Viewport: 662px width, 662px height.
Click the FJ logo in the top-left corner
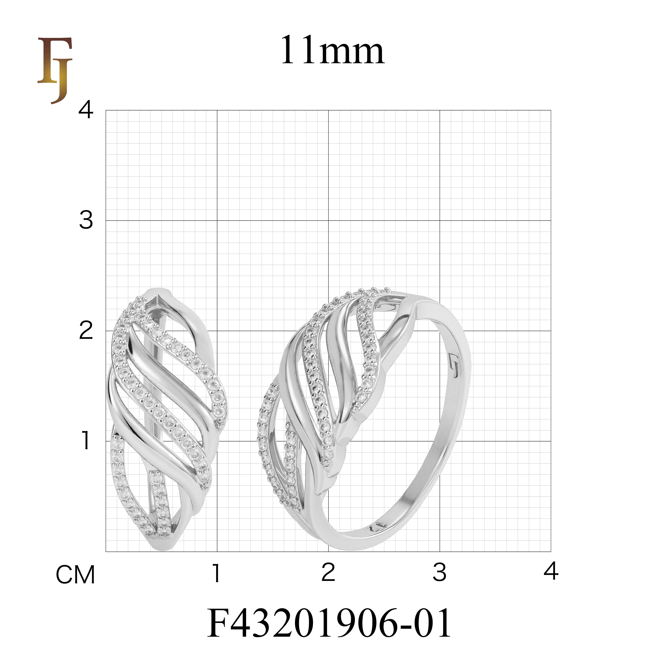point(55,70)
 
